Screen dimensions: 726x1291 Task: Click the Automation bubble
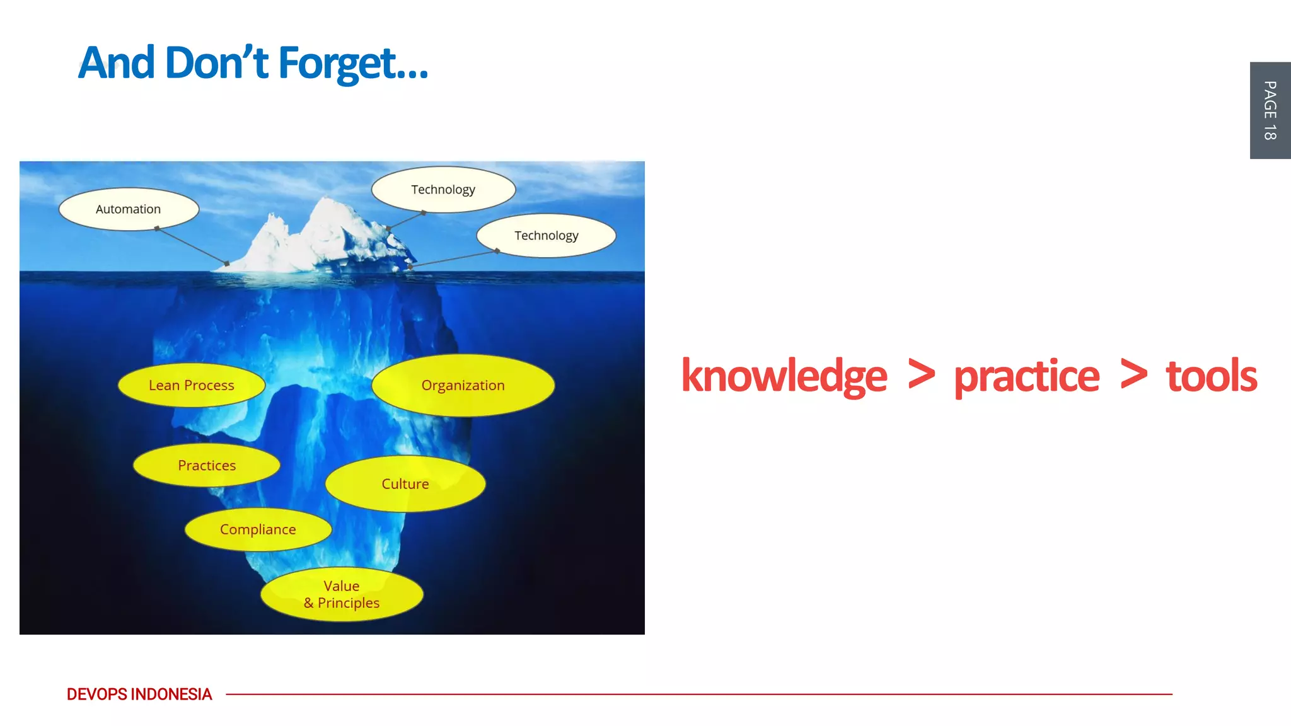(129, 209)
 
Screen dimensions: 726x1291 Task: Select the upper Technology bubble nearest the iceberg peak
(443, 190)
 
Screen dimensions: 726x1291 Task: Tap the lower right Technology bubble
(546, 236)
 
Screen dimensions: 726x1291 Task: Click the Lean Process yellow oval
(191, 385)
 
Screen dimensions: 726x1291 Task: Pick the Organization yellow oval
(463, 385)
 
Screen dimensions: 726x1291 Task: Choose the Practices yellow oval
(207, 465)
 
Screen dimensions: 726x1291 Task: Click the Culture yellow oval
(405, 484)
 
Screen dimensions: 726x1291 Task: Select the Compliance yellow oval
(258, 529)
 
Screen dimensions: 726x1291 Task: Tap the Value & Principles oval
(342, 594)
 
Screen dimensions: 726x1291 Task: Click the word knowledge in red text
(784, 376)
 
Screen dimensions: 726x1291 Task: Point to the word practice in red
(1026, 376)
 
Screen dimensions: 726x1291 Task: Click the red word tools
(1211, 376)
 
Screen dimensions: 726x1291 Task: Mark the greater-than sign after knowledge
(921, 374)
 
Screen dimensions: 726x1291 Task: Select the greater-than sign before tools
(1133, 374)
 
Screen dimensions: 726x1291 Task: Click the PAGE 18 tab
(1270, 110)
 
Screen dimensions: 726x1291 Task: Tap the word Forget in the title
(353, 63)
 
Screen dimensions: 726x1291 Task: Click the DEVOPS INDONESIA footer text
(139, 694)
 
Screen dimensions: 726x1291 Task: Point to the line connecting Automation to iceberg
(192, 246)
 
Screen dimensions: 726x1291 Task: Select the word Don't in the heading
(216, 63)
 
